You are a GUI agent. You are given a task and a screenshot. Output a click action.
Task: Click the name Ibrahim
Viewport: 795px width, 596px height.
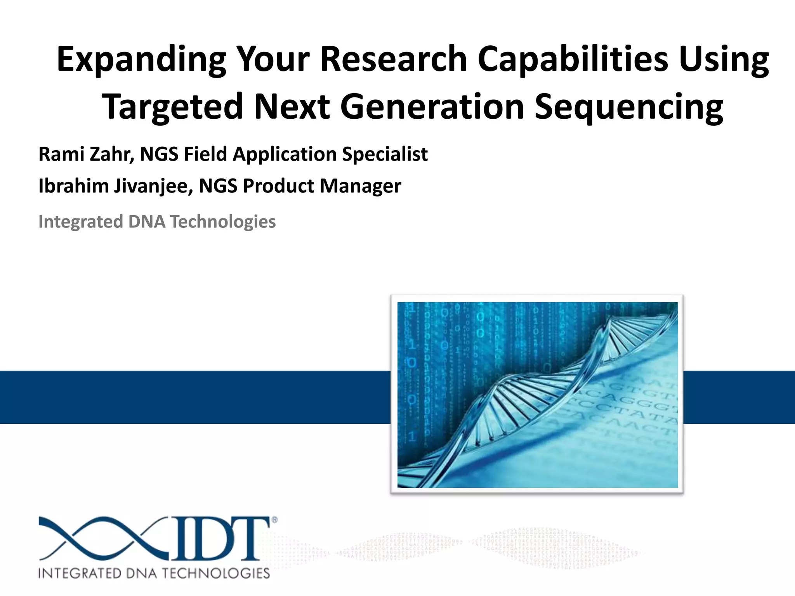[73, 186]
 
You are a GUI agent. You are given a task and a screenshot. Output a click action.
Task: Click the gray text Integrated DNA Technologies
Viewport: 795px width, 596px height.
[157, 222]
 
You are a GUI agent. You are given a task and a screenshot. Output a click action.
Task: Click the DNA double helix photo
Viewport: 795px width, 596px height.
[537, 394]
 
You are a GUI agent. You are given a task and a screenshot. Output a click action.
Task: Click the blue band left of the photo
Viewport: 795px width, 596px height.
[194, 397]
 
